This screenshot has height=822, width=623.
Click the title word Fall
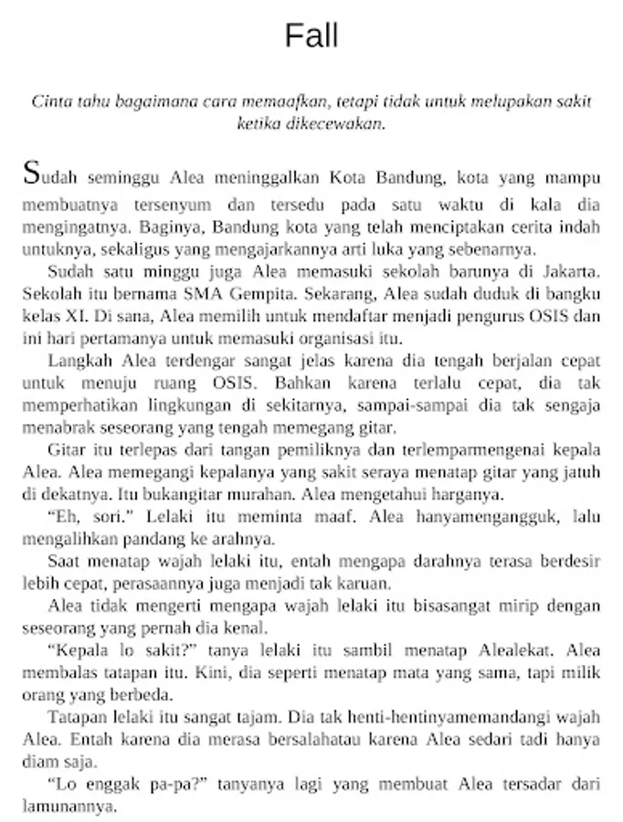point(311,37)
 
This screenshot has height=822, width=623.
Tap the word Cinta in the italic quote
point(49,101)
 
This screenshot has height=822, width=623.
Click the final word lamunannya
point(68,806)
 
